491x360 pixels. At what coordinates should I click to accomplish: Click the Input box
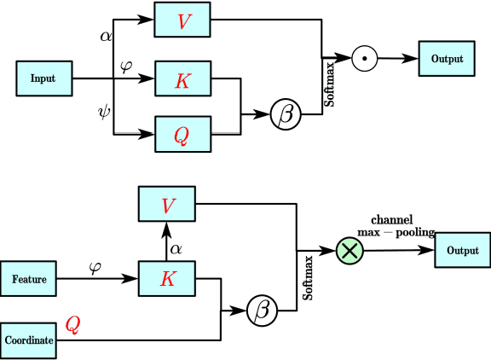point(43,78)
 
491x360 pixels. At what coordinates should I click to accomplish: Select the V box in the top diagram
point(182,20)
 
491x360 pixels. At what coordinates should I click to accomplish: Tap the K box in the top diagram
point(182,81)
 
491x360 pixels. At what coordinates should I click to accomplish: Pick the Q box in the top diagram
point(182,134)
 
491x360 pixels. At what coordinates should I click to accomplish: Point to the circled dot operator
point(364,59)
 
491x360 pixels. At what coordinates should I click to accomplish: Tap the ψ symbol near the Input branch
point(104,110)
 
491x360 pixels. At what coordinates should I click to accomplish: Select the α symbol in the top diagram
point(106,37)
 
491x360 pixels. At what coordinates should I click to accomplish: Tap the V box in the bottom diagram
point(167,207)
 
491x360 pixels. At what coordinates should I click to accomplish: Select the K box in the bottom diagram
point(167,279)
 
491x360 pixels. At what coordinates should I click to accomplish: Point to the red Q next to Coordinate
point(74,325)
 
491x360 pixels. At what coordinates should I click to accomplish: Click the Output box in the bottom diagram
point(462,250)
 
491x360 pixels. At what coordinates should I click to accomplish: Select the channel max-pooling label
point(401,225)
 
